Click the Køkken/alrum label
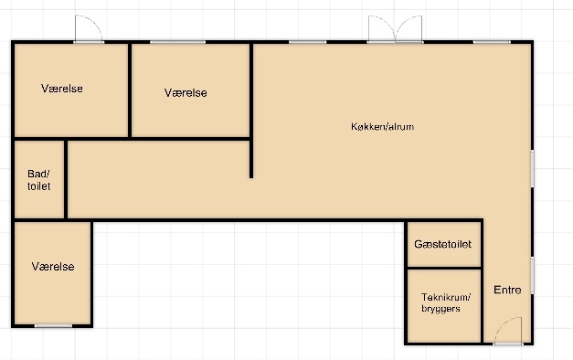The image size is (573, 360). click(382, 126)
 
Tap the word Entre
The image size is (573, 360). click(507, 290)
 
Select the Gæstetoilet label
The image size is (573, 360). click(442, 244)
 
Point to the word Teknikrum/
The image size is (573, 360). click(446, 297)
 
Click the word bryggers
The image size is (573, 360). click(440, 309)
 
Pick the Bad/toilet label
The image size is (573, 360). click(38, 180)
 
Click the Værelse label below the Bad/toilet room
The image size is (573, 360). click(53, 267)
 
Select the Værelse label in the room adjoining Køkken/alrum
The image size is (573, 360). click(186, 93)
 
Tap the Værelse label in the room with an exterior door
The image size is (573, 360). click(62, 89)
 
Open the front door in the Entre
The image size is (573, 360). click(508, 331)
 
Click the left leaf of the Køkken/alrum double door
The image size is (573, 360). click(381, 29)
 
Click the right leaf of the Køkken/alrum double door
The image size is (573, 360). click(409, 29)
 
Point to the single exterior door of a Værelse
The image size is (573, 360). click(89, 29)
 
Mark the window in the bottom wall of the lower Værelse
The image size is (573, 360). click(53, 325)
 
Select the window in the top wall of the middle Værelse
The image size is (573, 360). click(177, 42)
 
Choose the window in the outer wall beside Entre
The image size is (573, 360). click(533, 275)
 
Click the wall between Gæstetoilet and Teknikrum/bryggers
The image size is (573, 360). click(444, 269)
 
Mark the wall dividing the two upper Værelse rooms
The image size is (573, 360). click(130, 90)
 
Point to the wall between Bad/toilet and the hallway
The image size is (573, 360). click(66, 179)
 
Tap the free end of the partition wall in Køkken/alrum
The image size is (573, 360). click(251, 177)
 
